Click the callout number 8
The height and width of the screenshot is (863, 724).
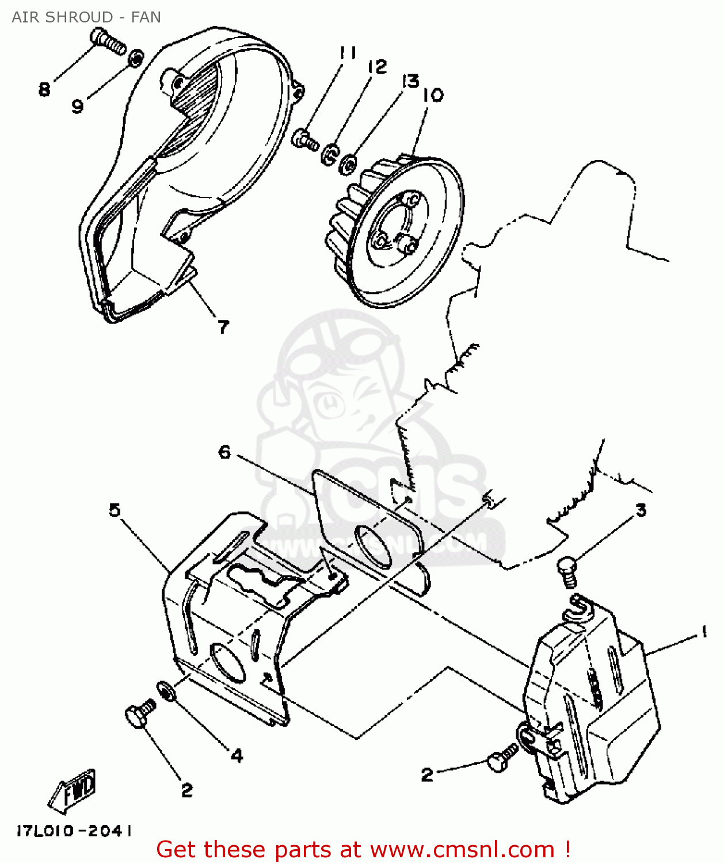click(x=44, y=90)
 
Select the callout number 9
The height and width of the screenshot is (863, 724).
click(x=78, y=106)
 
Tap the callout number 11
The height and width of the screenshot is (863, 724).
click(x=348, y=54)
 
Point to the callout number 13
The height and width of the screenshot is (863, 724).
click(x=410, y=82)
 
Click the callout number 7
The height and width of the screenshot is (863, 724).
click(x=223, y=327)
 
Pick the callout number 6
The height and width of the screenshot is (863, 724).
click(x=224, y=452)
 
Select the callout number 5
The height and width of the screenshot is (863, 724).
click(x=115, y=510)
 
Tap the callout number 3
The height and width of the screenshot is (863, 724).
click(x=641, y=510)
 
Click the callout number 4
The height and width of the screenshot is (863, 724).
click(x=237, y=755)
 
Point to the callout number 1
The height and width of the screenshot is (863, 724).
click(x=703, y=632)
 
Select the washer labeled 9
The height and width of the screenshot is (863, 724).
click(x=136, y=58)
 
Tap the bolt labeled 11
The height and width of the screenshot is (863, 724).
click(x=304, y=139)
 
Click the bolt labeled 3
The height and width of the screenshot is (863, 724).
click(x=567, y=571)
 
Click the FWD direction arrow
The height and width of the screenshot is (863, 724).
click(x=73, y=790)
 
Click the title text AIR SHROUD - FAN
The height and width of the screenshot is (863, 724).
click(x=86, y=17)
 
